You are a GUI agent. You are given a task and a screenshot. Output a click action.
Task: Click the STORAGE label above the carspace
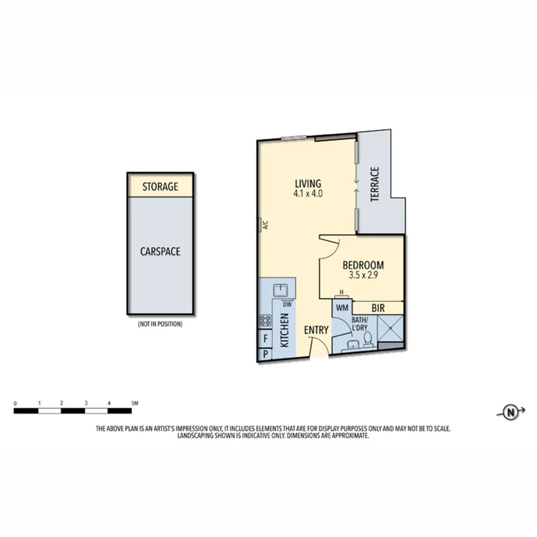pyautogui.click(x=160, y=187)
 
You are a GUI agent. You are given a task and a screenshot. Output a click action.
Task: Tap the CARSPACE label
pyautogui.click(x=160, y=252)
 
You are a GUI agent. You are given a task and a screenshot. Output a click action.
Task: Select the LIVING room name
pyautogui.click(x=307, y=183)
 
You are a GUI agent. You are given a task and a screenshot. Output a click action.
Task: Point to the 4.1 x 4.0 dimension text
pyautogui.click(x=307, y=194)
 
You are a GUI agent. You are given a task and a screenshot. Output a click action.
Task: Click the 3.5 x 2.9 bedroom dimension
pyautogui.click(x=363, y=275)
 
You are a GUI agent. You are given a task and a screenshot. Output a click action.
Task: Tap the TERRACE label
pyautogui.click(x=375, y=184)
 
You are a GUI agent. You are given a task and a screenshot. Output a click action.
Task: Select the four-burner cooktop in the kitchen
pyautogui.click(x=266, y=320)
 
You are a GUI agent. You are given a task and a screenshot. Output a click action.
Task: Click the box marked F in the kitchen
pyautogui.click(x=266, y=338)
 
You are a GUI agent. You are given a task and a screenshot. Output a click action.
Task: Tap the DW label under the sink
pyautogui.click(x=286, y=305)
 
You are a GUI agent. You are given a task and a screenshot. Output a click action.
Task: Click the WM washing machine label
pyautogui.click(x=342, y=309)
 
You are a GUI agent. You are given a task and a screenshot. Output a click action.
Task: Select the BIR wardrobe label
pyautogui.click(x=378, y=309)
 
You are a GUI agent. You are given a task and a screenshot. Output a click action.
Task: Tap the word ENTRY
pyautogui.click(x=316, y=330)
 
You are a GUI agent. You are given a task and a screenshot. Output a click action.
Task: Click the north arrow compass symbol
pyautogui.click(x=510, y=411)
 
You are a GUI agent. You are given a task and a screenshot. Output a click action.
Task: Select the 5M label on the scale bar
pyautogui.click(x=134, y=403)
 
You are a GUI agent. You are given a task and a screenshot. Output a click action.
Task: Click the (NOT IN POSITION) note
pyautogui.click(x=160, y=324)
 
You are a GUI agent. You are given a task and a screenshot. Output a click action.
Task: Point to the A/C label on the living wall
pyautogui.click(x=266, y=225)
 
